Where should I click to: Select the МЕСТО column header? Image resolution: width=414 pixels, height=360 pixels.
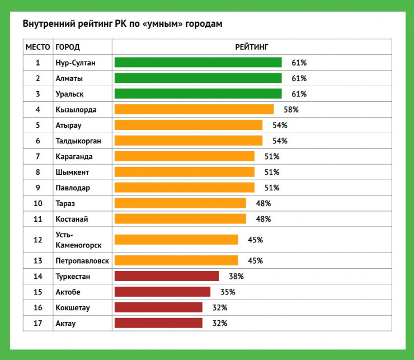pyautogui.click(x=38, y=47)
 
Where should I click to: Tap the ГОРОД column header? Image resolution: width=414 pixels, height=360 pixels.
pyautogui.click(x=68, y=47)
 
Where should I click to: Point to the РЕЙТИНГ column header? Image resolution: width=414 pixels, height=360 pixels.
pyautogui.click(x=252, y=47)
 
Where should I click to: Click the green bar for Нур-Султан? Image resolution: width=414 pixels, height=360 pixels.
pyautogui.click(x=197, y=63)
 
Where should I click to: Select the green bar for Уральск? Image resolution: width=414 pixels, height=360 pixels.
pyautogui.click(x=197, y=93)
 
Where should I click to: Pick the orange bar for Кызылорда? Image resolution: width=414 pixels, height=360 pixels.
pyautogui.click(x=194, y=109)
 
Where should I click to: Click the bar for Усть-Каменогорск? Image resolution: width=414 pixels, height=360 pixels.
pyautogui.click(x=176, y=240)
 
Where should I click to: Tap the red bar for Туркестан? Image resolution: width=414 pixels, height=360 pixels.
pyautogui.click(x=166, y=276)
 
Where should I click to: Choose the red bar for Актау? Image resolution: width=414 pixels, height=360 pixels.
pyautogui.click(x=158, y=323)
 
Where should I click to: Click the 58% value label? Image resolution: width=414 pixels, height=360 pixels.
pyautogui.click(x=291, y=110)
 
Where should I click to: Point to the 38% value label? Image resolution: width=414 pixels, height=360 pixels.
pyautogui.click(x=236, y=276)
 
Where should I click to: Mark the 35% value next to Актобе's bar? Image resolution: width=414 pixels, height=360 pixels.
pyautogui.click(x=228, y=292)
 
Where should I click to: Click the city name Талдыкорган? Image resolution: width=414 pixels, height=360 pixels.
pyautogui.click(x=78, y=141)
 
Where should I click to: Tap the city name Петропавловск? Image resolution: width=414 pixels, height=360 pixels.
pyautogui.click(x=82, y=261)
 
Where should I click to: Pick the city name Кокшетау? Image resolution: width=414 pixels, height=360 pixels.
pyautogui.click(x=73, y=308)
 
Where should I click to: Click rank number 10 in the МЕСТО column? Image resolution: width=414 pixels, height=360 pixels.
pyautogui.click(x=38, y=203)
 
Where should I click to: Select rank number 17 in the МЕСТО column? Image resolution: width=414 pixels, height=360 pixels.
pyautogui.click(x=38, y=324)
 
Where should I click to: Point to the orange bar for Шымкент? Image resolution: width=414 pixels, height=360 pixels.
pyautogui.click(x=184, y=172)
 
